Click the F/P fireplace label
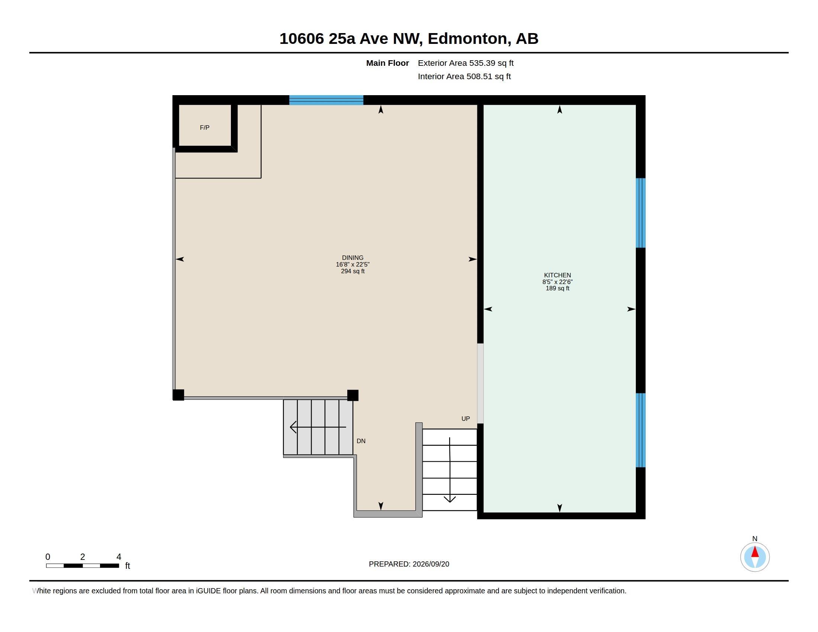coord(204,128)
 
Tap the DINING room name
coord(352,258)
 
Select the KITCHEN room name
coord(557,275)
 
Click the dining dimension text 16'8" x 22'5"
coord(352,264)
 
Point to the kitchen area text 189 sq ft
coord(557,288)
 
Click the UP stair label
coord(466,419)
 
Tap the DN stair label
coord(361,441)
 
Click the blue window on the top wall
coord(326,100)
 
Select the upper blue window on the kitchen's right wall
coord(641,213)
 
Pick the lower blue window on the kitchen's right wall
coord(641,430)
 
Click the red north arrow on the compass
coord(755,552)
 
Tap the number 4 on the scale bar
coord(119,557)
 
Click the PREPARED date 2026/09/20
coord(431,564)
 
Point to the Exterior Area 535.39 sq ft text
coord(466,63)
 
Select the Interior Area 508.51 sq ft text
coord(464,76)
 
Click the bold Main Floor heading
coord(387,63)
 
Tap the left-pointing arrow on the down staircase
coord(318,427)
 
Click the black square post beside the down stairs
coord(353,396)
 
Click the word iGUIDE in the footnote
coord(208,591)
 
